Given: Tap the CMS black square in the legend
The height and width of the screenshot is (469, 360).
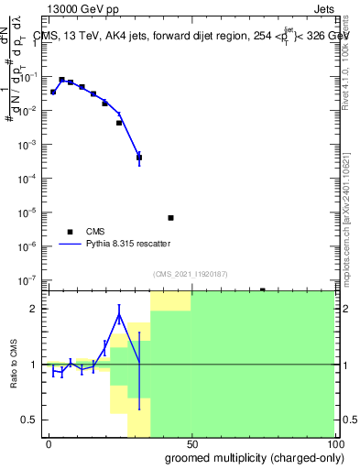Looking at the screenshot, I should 70,232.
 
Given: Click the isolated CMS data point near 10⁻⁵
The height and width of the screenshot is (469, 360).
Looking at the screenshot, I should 170,218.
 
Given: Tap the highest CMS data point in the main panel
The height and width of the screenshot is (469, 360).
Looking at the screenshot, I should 62,80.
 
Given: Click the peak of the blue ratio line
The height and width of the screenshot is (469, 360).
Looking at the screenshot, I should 119,316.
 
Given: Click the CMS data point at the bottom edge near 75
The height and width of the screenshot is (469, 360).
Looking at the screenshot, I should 262,290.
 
